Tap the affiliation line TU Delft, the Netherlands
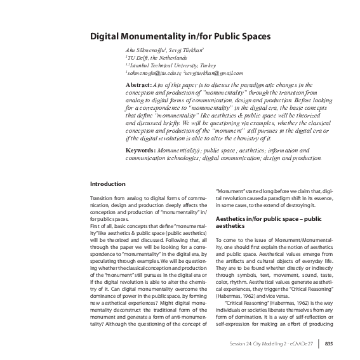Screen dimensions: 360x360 click(x=151, y=57)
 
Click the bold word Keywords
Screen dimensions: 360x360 click(x=141, y=150)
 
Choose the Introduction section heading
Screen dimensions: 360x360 click(x=108, y=184)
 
